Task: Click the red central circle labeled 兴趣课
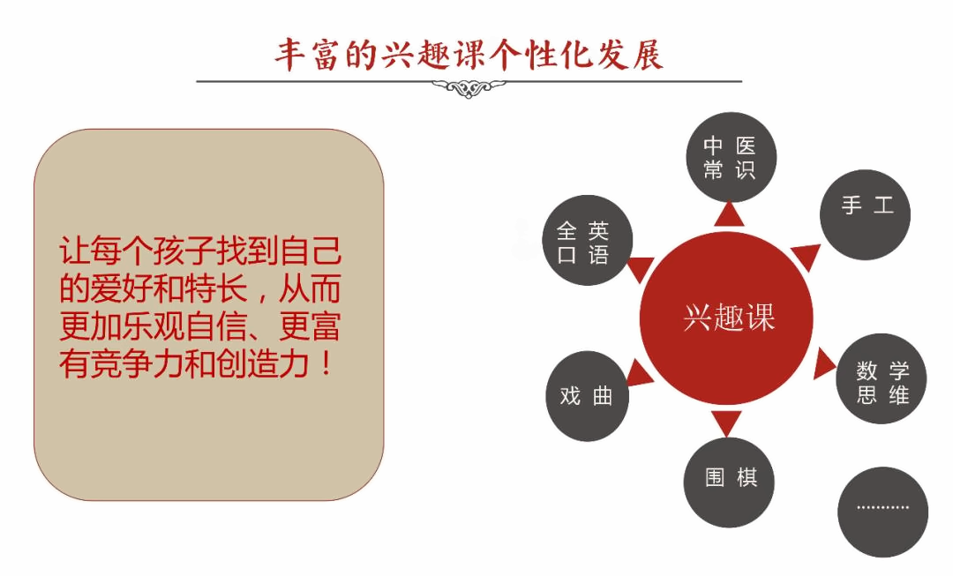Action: pyautogui.click(x=726, y=318)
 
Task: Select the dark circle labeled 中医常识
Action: pyautogui.click(x=732, y=157)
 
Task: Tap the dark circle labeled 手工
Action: pyautogui.click(x=865, y=215)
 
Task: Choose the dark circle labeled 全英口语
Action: pyautogui.click(x=587, y=240)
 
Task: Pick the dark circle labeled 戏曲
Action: pyautogui.click(x=587, y=396)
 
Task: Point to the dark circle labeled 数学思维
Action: pyautogui.click(x=882, y=378)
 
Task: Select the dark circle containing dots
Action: pyautogui.click(x=882, y=512)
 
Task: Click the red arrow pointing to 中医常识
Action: pyautogui.click(x=730, y=215)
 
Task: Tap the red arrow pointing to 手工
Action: pyautogui.click(x=806, y=256)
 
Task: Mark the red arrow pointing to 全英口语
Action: pyautogui.click(x=641, y=269)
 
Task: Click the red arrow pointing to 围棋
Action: pyautogui.click(x=726, y=423)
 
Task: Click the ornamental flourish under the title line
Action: pyautogui.click(x=469, y=89)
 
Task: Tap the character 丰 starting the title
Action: pyautogui.click(x=290, y=55)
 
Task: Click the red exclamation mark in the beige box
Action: pyautogui.click(x=326, y=363)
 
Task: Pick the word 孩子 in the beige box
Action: pyautogui.click(x=184, y=251)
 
